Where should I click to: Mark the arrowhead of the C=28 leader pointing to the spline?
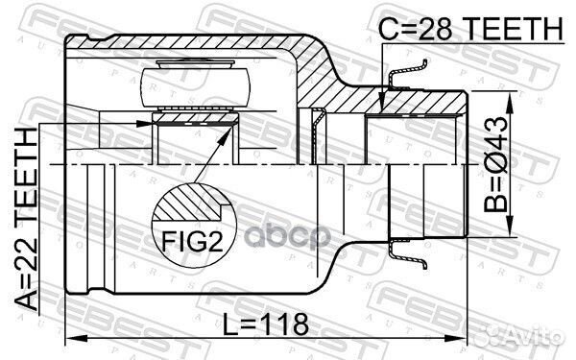tap(382, 112)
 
